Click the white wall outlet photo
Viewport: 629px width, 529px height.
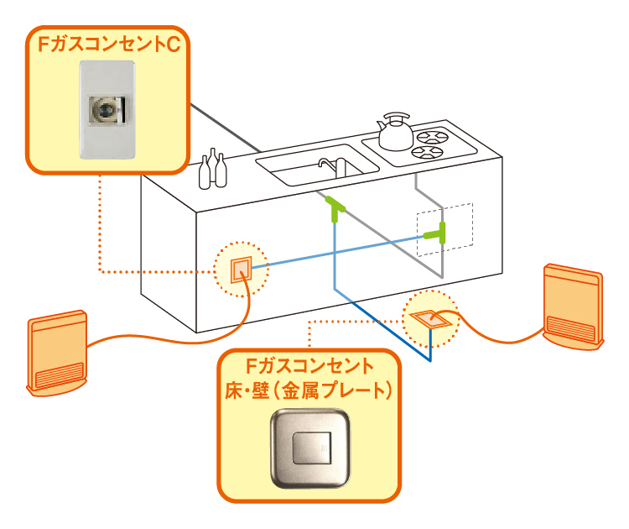(107, 109)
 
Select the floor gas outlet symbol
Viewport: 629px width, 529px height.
(431, 318)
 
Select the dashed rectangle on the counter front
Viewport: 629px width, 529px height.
(445, 226)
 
